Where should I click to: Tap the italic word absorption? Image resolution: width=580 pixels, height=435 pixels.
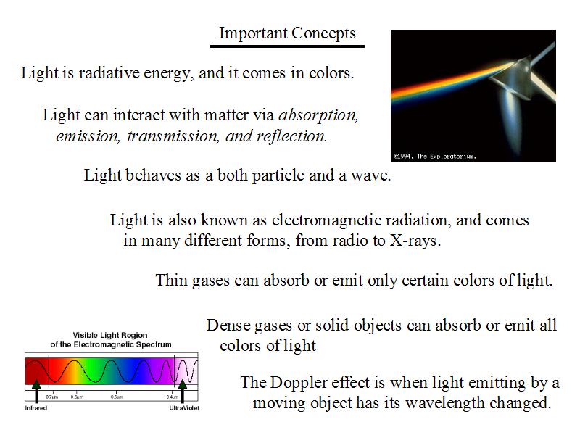pos(318,115)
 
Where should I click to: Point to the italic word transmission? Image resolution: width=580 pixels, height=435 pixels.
pos(173,136)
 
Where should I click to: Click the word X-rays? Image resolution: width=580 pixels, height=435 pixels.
pos(415,241)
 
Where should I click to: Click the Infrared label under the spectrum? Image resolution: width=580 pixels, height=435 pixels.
pos(36,408)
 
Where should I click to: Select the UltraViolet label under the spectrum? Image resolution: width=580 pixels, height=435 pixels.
pos(184,408)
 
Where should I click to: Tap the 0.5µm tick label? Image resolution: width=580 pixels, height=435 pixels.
pos(117,397)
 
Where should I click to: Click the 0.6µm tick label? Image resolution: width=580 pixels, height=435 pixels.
pos(77,397)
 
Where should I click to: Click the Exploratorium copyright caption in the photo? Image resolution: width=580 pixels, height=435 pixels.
pos(435,157)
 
